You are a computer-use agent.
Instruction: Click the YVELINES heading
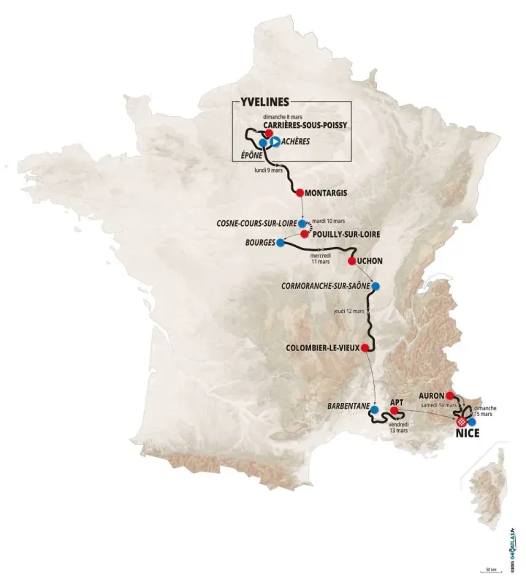tap(264, 102)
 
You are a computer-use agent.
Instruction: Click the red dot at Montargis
tap(300, 192)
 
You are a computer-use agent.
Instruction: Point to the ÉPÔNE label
tap(251, 156)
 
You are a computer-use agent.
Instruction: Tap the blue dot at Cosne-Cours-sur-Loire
tap(301, 222)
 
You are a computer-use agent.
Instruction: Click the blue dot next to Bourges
tap(280, 242)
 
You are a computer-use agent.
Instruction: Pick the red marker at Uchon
tap(351, 261)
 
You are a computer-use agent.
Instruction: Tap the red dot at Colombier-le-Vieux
tap(364, 348)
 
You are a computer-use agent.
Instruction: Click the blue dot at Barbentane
tap(375, 409)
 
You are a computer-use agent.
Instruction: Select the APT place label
tap(397, 402)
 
